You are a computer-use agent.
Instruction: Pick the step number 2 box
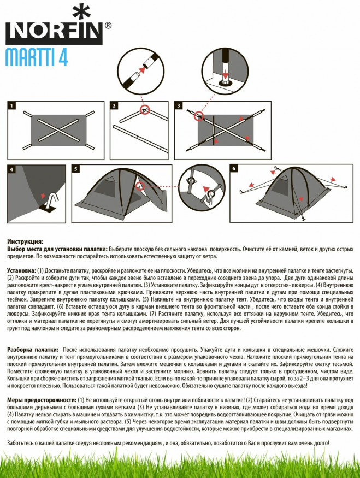(x=114, y=105)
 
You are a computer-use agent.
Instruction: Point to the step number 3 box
(x=179, y=105)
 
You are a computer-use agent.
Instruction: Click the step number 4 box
(x=12, y=169)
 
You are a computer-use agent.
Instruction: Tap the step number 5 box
(x=76, y=169)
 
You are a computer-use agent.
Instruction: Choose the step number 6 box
(x=234, y=169)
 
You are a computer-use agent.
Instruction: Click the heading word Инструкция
(x=25, y=241)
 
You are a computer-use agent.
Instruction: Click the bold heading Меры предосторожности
(x=41, y=400)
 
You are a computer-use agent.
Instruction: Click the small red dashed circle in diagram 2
(x=145, y=110)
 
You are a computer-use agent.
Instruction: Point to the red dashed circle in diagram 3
(x=197, y=116)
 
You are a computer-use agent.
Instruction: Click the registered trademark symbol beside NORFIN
(x=108, y=25)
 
